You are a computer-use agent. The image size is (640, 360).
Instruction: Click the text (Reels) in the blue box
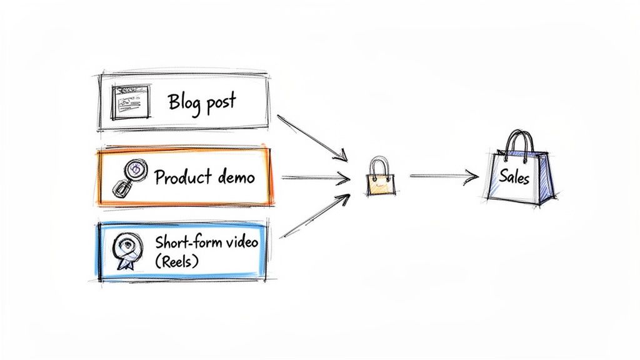coord(176,261)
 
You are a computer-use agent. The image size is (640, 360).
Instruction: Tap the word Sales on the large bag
coord(514,178)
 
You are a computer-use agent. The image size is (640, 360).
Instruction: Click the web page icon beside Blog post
coord(131,102)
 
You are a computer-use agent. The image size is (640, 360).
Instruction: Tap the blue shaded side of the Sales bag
coord(546,178)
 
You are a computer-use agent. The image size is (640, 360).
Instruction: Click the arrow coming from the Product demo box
coord(315,177)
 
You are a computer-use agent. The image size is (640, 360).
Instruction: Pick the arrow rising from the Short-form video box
coord(312,216)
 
